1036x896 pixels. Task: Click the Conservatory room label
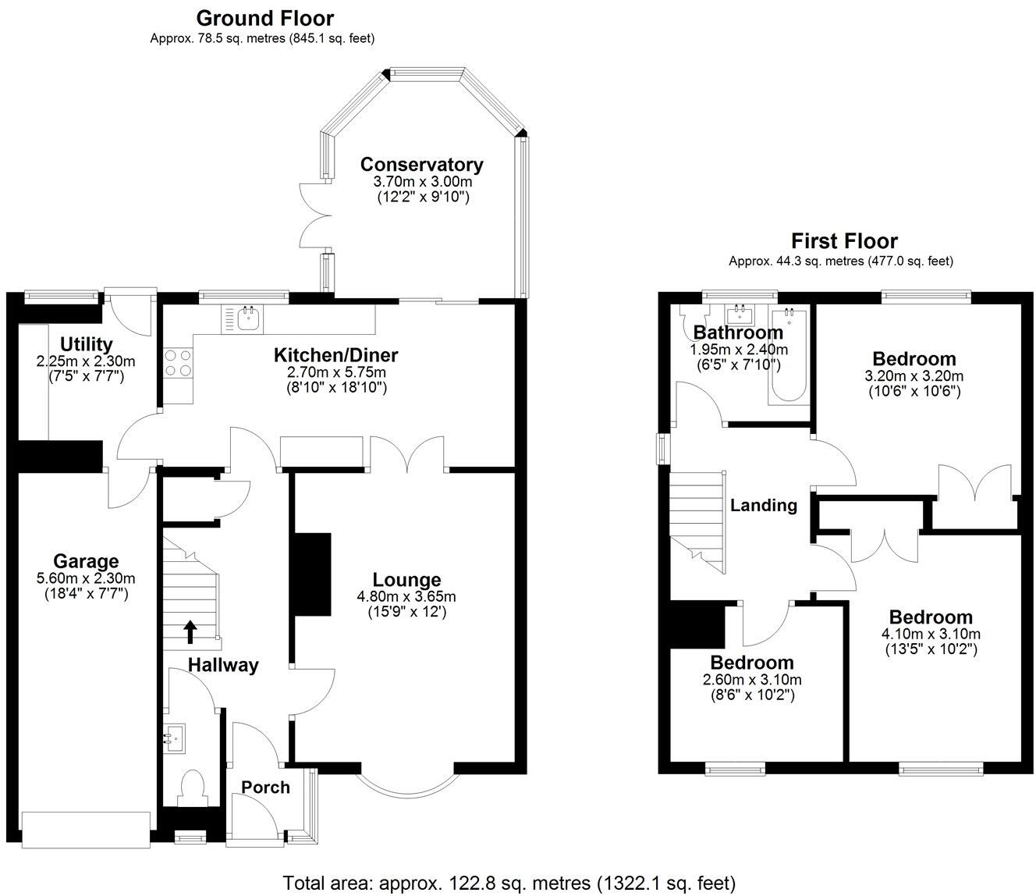point(421,165)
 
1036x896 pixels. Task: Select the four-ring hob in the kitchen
point(178,363)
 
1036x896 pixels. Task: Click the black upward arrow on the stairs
point(190,631)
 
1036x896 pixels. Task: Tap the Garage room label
point(86,561)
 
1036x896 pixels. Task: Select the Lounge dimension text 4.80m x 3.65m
point(407,597)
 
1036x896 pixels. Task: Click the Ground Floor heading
point(264,18)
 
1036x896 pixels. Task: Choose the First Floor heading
point(844,241)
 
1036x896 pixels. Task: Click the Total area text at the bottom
point(509,883)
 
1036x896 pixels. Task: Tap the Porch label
point(265,788)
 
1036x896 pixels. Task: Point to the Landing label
point(763,506)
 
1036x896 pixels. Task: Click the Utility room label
point(86,344)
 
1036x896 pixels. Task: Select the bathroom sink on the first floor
point(738,315)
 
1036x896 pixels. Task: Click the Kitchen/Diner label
point(335,356)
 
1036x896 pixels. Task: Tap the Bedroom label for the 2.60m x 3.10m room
point(751,663)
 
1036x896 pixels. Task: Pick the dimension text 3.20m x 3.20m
point(914,375)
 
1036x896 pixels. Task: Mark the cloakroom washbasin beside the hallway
point(175,736)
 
